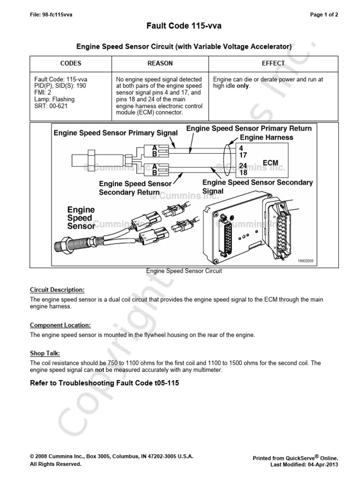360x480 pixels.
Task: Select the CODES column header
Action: click(x=71, y=63)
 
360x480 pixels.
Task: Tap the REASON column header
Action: click(x=160, y=63)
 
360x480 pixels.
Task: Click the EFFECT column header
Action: click(x=273, y=63)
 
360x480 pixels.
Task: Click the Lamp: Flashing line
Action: click(x=54, y=99)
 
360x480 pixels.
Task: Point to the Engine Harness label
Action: click(x=266, y=137)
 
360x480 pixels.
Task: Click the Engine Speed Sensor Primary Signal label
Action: click(x=115, y=133)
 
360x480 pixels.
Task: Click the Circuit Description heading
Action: click(x=58, y=290)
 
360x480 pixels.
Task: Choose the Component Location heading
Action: click(x=60, y=325)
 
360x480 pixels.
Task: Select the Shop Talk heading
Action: click(x=45, y=353)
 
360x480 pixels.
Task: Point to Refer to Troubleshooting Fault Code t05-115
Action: click(x=105, y=383)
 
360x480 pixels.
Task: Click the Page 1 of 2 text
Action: click(x=324, y=15)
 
